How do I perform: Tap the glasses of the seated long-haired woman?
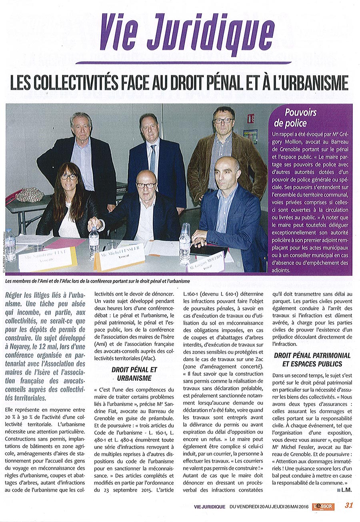click(68, 177)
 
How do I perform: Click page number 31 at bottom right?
click(349, 505)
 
